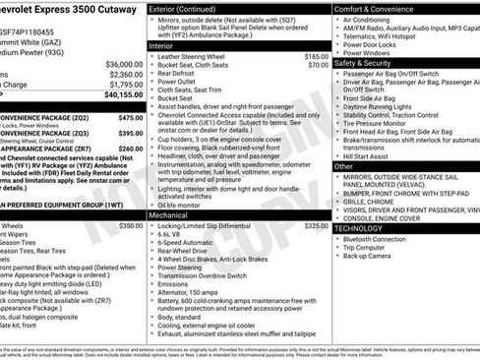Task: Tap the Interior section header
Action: (x=161, y=46)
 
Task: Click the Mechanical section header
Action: (x=168, y=214)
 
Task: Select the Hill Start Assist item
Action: (x=369, y=154)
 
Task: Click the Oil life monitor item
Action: (x=181, y=204)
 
